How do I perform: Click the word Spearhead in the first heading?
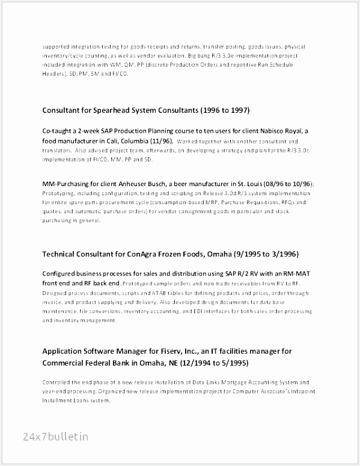(117, 110)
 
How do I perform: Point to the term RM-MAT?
(301, 274)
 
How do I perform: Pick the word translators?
(57, 150)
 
